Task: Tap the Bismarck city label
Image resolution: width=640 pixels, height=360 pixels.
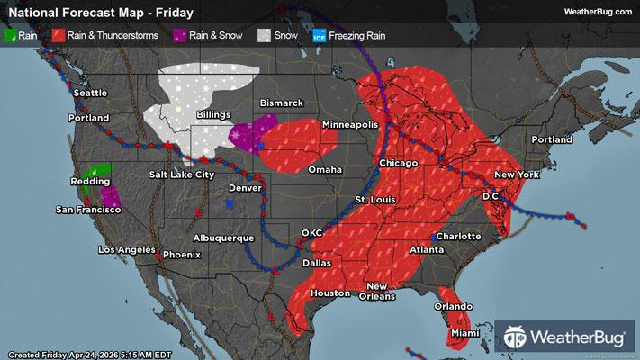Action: click(x=281, y=103)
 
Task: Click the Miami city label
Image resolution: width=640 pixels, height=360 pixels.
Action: click(x=464, y=333)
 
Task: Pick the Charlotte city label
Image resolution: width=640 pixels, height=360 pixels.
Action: click(x=459, y=236)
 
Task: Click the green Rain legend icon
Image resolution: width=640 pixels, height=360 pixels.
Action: click(x=11, y=36)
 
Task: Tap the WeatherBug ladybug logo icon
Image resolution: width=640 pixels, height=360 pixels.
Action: click(x=517, y=339)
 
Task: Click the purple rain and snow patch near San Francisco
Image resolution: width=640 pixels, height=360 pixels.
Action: click(x=110, y=193)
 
